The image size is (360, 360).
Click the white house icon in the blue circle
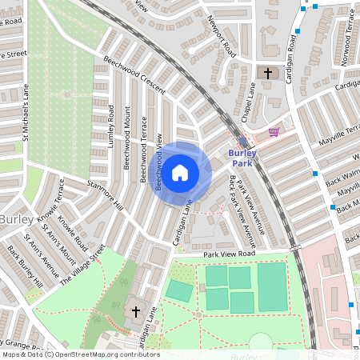pyautogui.click(x=180, y=171)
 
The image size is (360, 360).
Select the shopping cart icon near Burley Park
pyautogui.click(x=274, y=132)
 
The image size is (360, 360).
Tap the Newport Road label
pyautogui.click(x=221, y=36)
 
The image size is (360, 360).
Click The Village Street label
pyautogui.click(x=83, y=264)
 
